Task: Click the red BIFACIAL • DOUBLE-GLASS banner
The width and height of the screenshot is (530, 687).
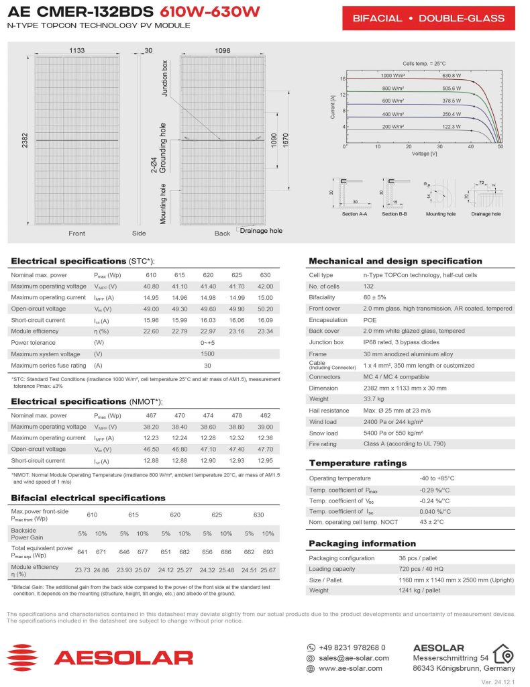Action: (x=428, y=18)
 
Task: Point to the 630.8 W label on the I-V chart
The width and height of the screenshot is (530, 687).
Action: (x=452, y=76)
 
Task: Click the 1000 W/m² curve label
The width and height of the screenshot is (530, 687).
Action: (x=394, y=76)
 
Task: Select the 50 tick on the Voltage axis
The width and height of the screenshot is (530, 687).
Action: (x=500, y=146)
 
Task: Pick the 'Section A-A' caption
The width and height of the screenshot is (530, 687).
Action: (x=354, y=214)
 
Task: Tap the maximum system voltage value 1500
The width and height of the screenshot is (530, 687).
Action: (x=208, y=354)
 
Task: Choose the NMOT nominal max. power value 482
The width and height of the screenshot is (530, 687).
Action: (x=265, y=416)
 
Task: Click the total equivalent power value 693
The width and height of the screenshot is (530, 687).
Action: (x=268, y=551)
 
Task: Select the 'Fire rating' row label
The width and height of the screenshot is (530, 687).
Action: (x=323, y=444)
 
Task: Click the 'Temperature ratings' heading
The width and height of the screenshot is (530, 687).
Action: (x=358, y=463)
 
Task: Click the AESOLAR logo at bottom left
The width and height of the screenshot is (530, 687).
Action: (x=100, y=657)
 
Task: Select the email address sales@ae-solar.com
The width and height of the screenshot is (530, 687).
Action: (x=351, y=658)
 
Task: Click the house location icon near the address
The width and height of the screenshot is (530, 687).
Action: (x=503, y=653)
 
